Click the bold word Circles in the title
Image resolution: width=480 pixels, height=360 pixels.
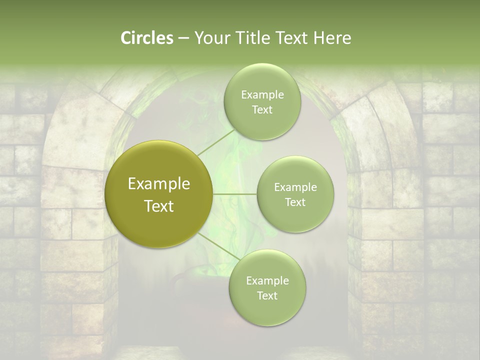146,38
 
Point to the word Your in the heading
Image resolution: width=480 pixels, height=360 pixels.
211,38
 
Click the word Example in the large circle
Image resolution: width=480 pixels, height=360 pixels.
159,184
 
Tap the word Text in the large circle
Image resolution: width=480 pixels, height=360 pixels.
159,206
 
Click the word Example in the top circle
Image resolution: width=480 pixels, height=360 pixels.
262,95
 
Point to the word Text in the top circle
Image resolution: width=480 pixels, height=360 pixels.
262,110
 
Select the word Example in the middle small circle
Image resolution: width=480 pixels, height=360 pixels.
295,187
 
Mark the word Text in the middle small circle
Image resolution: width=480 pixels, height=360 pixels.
295,202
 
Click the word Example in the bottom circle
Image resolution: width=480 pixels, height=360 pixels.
267,281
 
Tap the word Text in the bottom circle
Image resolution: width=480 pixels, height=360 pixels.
267,296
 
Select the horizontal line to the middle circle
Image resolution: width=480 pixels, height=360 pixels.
235,193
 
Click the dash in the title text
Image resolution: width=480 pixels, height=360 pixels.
183,38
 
